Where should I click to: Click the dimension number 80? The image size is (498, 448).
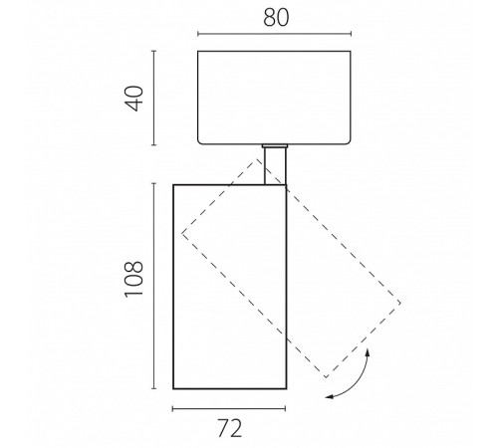point(276,17)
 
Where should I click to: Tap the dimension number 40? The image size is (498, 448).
point(133,99)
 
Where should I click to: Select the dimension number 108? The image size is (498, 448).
point(133,279)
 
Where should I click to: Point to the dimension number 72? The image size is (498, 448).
point(230,428)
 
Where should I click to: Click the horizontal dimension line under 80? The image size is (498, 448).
point(274,34)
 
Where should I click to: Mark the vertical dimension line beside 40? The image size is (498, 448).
point(153,98)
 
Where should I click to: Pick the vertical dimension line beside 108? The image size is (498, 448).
point(153,286)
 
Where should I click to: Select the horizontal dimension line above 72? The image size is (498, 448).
point(229,409)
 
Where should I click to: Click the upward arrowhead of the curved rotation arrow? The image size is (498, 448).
point(368,352)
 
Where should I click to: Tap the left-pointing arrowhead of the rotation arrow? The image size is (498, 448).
point(329,396)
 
